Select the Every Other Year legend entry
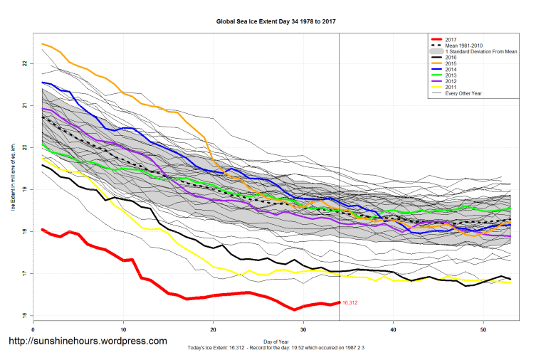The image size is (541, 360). point(463,93)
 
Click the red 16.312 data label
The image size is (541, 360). point(350,303)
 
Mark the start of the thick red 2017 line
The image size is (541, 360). point(43,229)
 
